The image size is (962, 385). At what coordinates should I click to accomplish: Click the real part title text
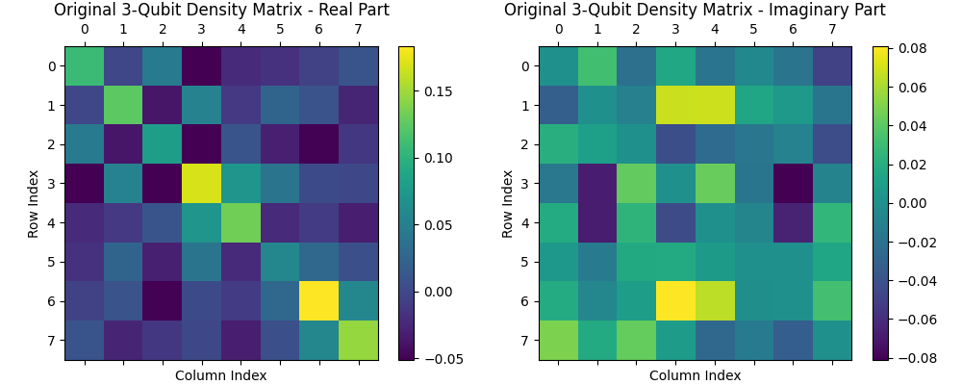[221, 11]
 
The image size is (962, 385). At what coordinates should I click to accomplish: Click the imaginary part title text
[695, 11]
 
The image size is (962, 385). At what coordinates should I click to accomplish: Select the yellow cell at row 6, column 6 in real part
[318, 301]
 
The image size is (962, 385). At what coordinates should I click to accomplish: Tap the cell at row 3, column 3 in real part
[201, 184]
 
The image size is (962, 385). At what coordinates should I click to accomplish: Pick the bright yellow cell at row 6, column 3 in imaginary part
[675, 301]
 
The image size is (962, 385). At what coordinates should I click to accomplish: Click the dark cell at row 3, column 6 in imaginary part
[793, 184]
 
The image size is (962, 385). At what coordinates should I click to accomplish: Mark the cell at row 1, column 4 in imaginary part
[715, 105]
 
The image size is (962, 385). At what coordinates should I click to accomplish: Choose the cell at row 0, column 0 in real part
[84, 65]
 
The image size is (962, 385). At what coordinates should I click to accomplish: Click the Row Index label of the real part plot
[34, 203]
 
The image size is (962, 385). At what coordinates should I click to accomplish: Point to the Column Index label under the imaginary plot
[695, 375]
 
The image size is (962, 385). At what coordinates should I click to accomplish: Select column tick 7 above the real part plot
[358, 30]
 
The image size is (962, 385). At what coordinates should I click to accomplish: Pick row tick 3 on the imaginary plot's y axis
[525, 184]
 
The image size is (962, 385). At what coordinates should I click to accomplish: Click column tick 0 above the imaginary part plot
[558, 30]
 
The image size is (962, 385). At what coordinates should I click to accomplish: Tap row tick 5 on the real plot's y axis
[52, 262]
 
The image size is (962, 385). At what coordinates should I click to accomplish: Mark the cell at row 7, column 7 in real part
[358, 340]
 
